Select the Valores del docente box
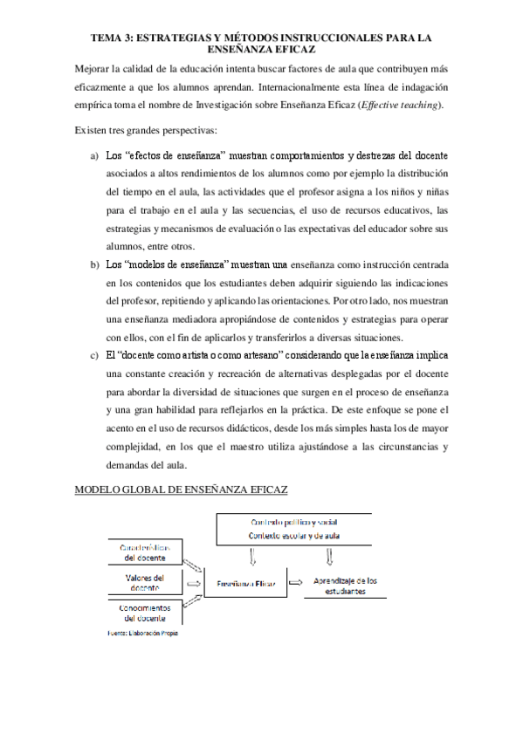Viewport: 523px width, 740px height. (x=146, y=582)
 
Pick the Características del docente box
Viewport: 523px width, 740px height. (x=146, y=551)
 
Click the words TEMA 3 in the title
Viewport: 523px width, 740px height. (x=110, y=38)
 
